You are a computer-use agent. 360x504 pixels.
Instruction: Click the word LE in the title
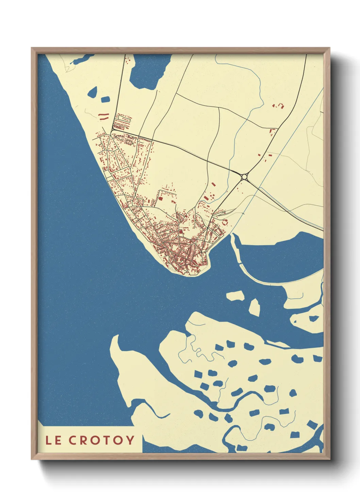click(x=54, y=440)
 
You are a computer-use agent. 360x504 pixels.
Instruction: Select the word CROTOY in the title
click(x=101, y=440)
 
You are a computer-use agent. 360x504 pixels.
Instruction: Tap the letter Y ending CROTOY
click(x=130, y=440)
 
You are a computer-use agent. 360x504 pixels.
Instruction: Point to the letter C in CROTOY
click(x=73, y=440)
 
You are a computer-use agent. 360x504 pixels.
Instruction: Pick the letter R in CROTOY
click(x=84, y=440)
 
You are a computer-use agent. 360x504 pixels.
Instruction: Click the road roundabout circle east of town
click(x=244, y=177)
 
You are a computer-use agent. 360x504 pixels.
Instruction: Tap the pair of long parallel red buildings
click(x=103, y=116)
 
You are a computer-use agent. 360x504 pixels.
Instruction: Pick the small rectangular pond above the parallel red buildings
click(x=105, y=99)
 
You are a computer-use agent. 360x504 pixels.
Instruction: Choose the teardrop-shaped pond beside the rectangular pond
click(x=93, y=92)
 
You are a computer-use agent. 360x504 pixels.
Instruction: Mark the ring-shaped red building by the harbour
click(x=225, y=222)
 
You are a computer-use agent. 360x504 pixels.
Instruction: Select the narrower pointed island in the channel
click(x=255, y=306)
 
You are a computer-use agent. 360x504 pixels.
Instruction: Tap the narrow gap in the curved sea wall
click(x=240, y=264)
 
